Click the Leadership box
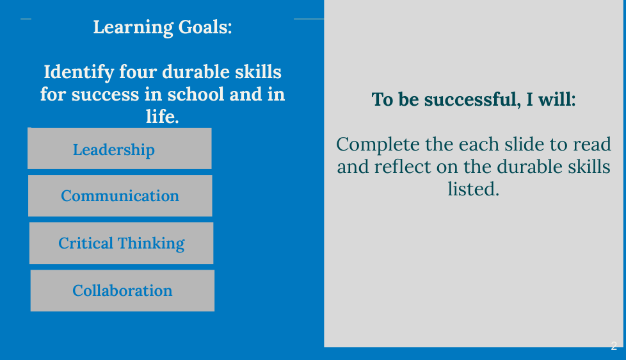pyautogui.click(x=119, y=149)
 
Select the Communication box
pyautogui.click(x=120, y=196)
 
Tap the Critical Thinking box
pyautogui.click(x=122, y=243)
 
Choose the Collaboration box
pyautogui.click(x=122, y=290)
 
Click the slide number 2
pyautogui.click(x=614, y=346)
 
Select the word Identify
pyautogui.click(x=79, y=73)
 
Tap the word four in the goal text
pyautogui.click(x=138, y=72)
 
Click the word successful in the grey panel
pyautogui.click(x=472, y=99)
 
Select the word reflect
pyautogui.click(x=403, y=167)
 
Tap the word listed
pyautogui.click(x=473, y=189)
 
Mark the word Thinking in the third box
pyautogui.click(x=151, y=243)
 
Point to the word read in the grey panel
pyautogui.click(x=592, y=144)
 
